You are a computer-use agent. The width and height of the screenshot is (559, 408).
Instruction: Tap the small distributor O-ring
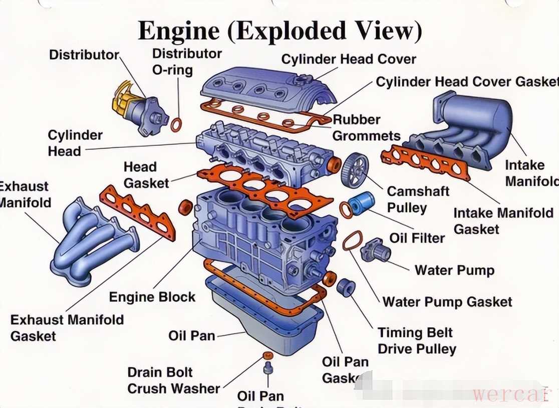[x=176, y=124]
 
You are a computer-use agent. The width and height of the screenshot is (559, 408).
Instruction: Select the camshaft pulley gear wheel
[x=354, y=168]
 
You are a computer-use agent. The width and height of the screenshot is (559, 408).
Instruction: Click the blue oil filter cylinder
[x=362, y=203]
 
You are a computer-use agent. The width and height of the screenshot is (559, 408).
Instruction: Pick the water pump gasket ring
[x=353, y=241]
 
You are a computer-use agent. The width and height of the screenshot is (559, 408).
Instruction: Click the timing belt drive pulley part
[x=346, y=287]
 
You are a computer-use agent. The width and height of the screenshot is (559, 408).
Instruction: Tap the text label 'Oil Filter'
[x=417, y=238]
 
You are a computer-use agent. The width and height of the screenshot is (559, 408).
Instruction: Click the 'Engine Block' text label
[x=152, y=297]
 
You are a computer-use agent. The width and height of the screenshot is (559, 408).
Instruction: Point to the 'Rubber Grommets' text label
[x=366, y=127]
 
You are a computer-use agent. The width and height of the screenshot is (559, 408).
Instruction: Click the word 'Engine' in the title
[x=178, y=31]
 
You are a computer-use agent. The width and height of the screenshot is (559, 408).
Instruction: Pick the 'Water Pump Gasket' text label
[x=447, y=302]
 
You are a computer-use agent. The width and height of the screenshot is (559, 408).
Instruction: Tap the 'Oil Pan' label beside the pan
[x=191, y=335]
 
